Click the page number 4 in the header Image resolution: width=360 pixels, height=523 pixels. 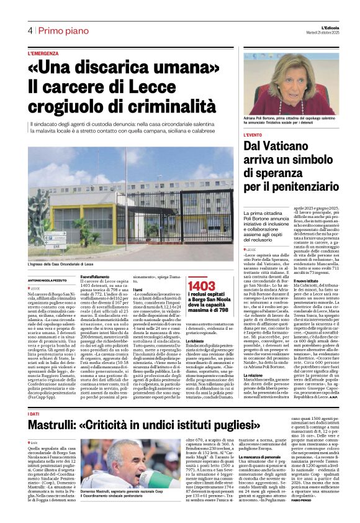coord(29,31)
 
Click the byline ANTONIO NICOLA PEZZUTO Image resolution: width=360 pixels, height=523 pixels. coord(51,281)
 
